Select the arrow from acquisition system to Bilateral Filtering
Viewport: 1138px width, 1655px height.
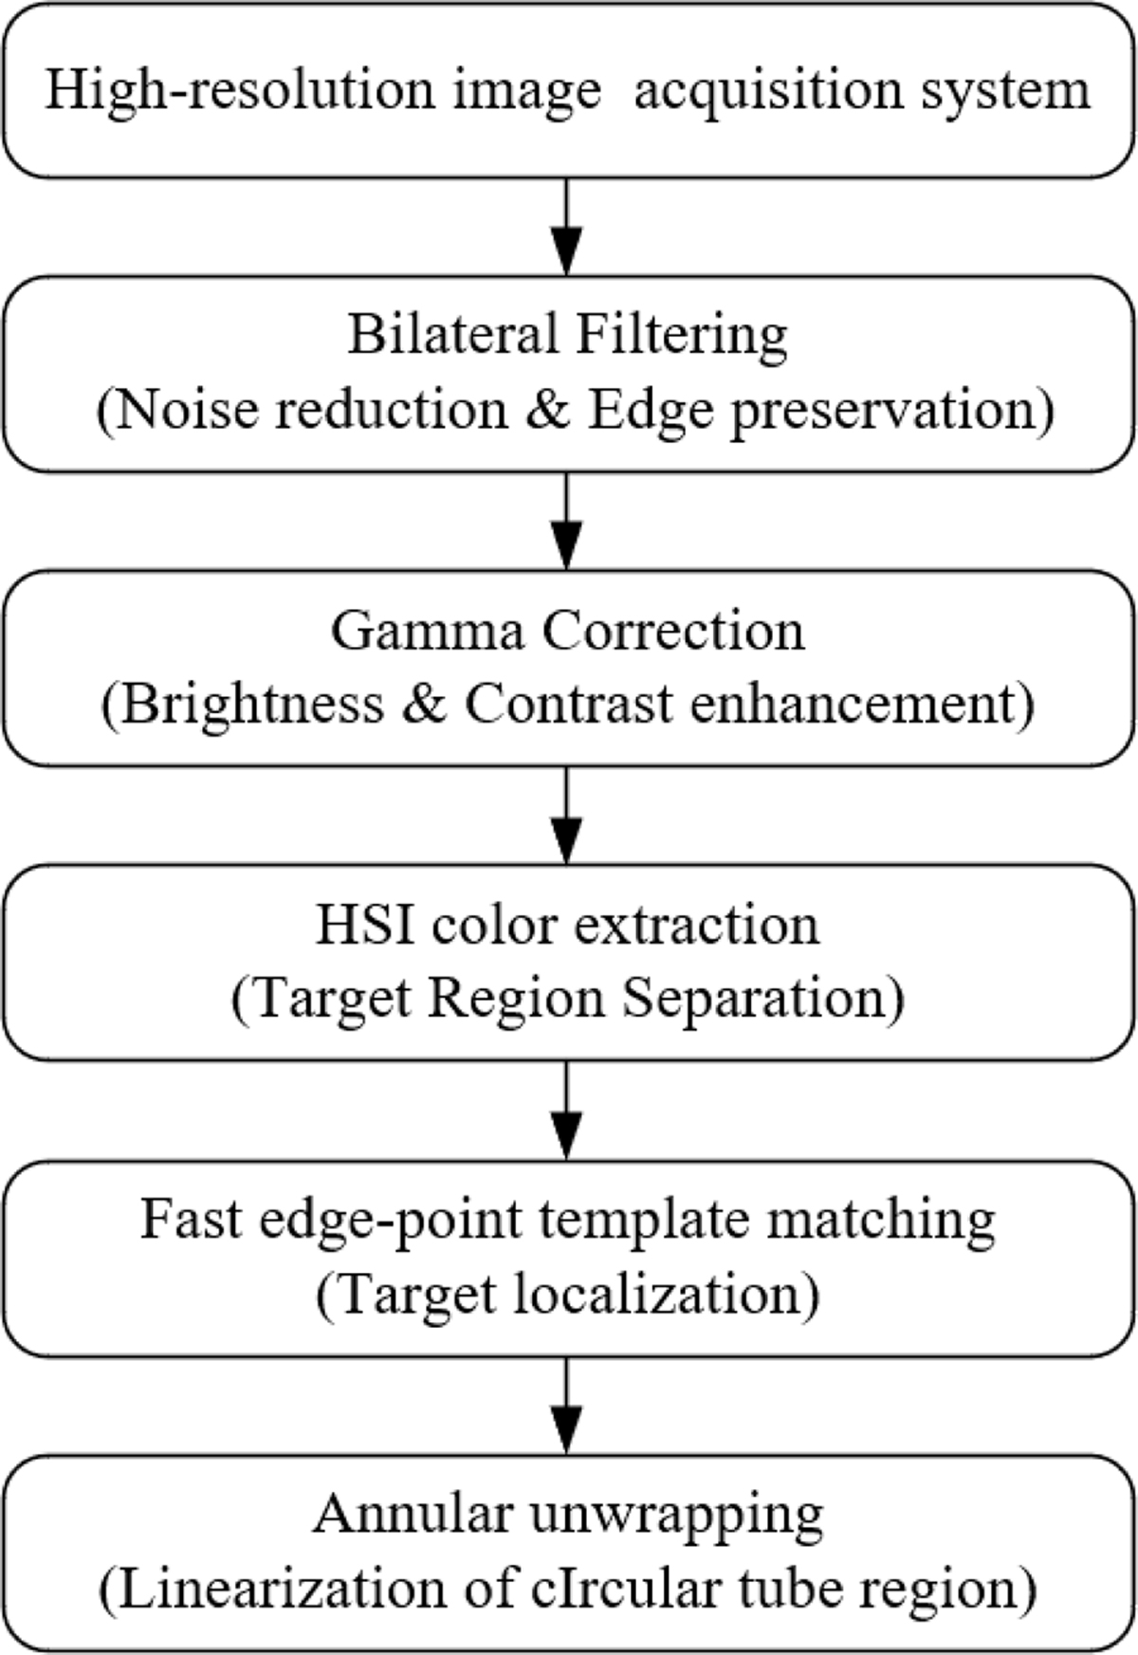(x=566, y=228)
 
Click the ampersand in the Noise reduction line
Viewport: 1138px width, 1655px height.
(x=547, y=410)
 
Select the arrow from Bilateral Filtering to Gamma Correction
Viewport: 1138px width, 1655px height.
(x=566, y=522)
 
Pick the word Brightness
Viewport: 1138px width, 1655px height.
(x=252, y=704)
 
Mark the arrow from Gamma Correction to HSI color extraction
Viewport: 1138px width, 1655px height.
(x=566, y=816)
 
